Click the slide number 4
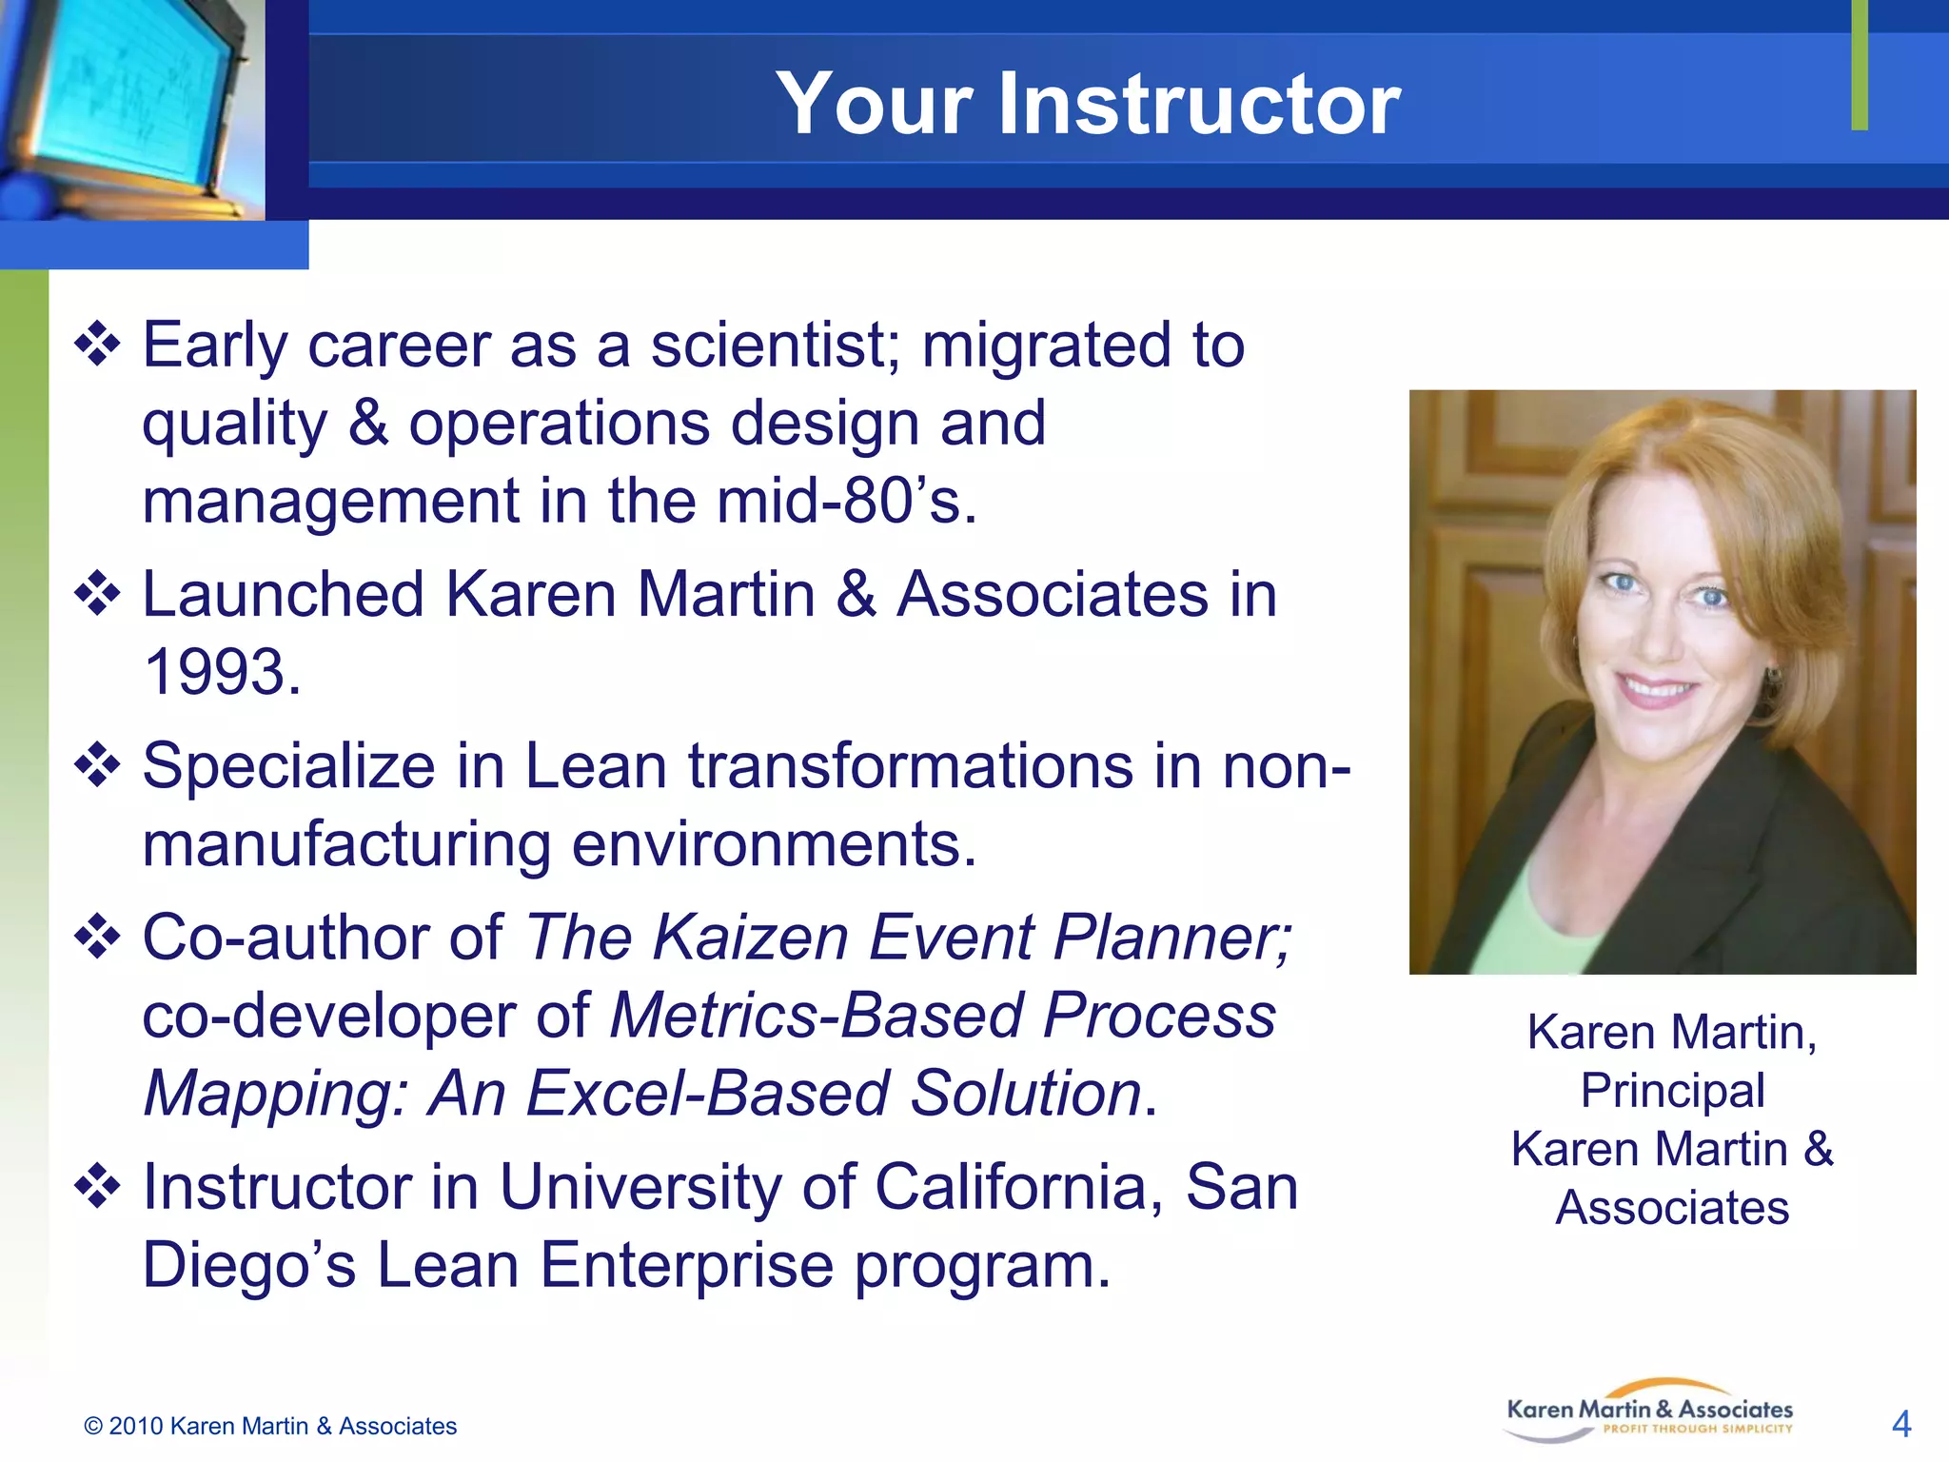1900,1424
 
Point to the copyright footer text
270,1426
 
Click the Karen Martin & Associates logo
1649,1412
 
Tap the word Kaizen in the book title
750,938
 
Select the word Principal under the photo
1672,1090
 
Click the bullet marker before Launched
98,595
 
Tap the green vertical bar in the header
1860,65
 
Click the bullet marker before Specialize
98,766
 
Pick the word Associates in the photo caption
1672,1207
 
